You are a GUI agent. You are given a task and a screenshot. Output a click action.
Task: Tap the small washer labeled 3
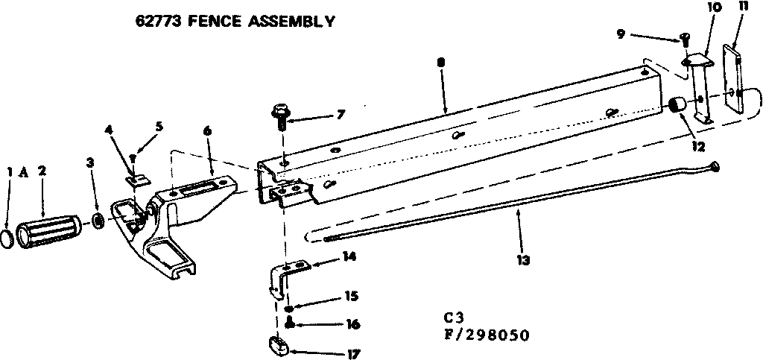[x=98, y=221]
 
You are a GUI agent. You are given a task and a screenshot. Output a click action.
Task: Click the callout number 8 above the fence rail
[x=442, y=64]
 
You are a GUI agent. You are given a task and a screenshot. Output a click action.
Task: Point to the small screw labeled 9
[x=684, y=39]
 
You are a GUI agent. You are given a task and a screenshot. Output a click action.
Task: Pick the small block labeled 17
[x=279, y=347]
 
